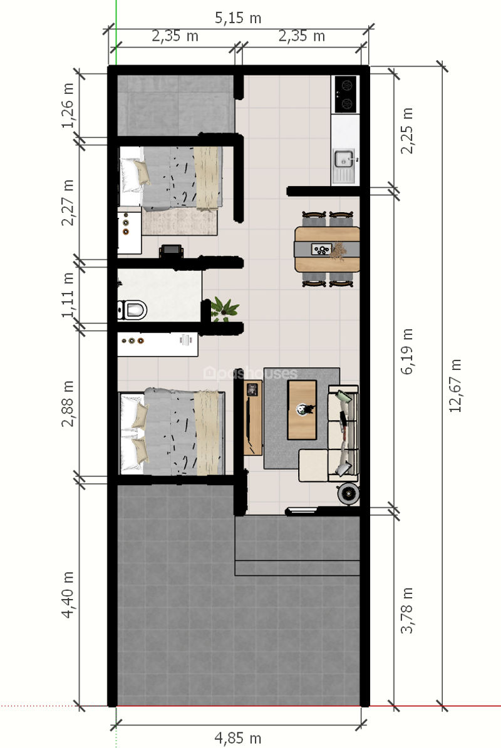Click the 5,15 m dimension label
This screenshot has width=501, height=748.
pos(237,18)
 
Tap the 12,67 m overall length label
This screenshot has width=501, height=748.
pos(455,386)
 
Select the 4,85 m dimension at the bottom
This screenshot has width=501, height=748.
pos(237,738)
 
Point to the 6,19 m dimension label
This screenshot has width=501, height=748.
pos(406,351)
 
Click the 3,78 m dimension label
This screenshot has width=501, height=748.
pos(406,610)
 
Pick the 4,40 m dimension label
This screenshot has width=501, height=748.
pos(68,595)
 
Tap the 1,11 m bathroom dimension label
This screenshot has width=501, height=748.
pos(68,295)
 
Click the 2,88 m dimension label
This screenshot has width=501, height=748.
pos(68,403)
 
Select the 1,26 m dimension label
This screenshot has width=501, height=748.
pos(68,105)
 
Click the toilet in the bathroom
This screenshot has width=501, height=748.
pos(132,310)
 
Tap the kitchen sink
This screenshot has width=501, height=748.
pos(344,159)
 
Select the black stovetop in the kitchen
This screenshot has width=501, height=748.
pos(346,94)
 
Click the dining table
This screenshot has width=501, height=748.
pos(328,249)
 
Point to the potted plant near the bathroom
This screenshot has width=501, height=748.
pos(224,309)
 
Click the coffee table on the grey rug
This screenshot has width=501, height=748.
pos(302,409)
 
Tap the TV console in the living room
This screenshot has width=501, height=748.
pos(253,418)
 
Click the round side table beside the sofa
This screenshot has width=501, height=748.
pos(348,494)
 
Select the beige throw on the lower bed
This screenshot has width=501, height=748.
pos(206,432)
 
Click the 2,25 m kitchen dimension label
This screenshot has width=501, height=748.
pos(406,130)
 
